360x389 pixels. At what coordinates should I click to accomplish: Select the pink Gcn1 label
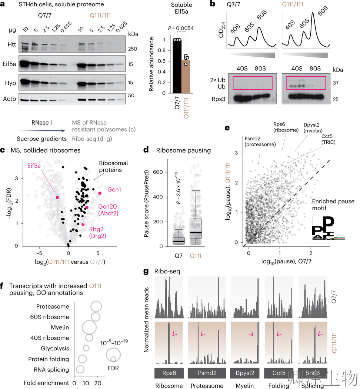(x=114, y=189)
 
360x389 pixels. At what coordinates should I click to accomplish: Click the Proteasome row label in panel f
(x=53, y=306)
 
